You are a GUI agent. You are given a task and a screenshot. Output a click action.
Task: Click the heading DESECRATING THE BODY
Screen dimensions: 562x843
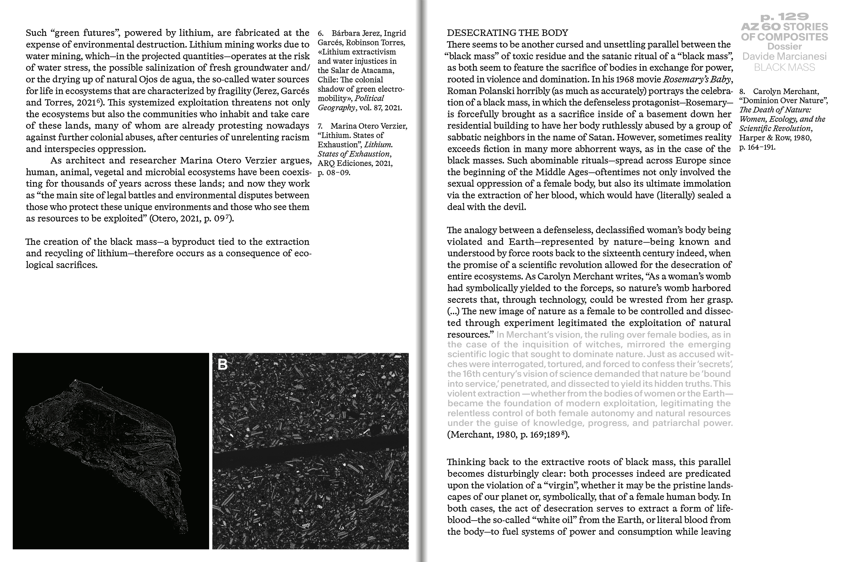[x=507, y=33]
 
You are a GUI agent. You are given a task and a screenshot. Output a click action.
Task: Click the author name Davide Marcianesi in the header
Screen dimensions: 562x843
[x=784, y=57]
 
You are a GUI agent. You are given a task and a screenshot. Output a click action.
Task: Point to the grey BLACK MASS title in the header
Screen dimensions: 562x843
[x=784, y=67]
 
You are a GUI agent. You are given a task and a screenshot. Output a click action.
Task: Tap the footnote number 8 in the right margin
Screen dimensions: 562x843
[x=742, y=92]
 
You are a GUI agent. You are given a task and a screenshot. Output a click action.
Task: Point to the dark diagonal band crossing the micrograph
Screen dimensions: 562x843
[x=310, y=452]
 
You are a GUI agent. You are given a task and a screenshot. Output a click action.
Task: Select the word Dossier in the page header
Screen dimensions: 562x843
[x=784, y=47]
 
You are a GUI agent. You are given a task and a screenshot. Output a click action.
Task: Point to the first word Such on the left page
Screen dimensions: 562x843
[x=36, y=33]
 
